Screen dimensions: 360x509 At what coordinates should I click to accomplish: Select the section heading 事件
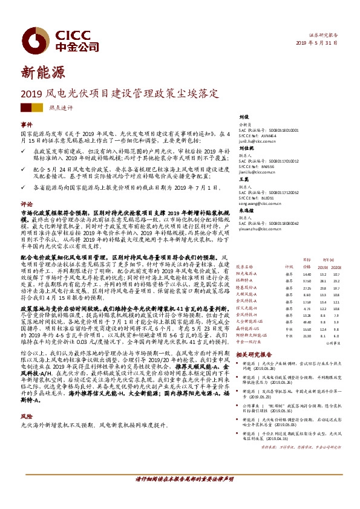pos(27,125)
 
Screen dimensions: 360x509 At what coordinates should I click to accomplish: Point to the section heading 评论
pos(27,221)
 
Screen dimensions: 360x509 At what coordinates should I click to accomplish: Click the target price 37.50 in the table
pos(307,280)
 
